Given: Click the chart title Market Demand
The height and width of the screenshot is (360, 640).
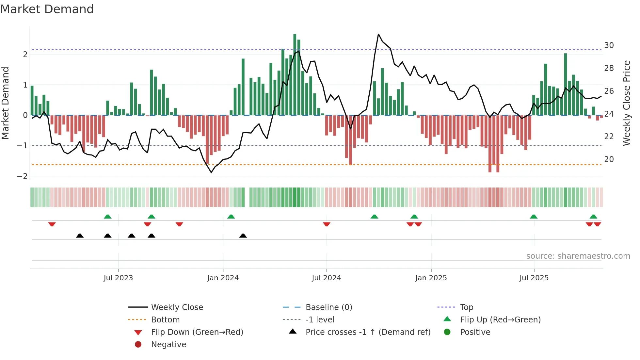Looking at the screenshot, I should (47, 9).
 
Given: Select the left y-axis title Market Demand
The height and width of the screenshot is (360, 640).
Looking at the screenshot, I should (5, 103).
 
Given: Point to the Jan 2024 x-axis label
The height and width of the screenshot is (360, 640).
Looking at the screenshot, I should (223, 278).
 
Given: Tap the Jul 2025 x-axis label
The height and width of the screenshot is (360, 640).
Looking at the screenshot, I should (534, 278).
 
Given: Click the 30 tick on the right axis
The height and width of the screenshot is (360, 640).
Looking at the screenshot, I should (609, 45).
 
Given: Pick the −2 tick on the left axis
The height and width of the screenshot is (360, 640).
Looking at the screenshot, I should (22, 176).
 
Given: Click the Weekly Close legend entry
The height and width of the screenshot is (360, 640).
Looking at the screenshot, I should (177, 307).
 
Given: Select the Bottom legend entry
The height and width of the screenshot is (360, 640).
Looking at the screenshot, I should (165, 320).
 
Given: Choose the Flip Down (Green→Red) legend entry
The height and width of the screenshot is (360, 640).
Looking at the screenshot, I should (197, 332).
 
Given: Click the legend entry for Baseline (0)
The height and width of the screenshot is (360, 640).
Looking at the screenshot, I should (328, 307).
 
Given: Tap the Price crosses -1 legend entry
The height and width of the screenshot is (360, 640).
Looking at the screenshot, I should (368, 332).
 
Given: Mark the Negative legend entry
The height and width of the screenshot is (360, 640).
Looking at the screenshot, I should (168, 345).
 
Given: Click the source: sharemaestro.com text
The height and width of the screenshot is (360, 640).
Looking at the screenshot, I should (578, 256).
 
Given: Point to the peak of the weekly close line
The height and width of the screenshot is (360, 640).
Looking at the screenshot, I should (378, 34).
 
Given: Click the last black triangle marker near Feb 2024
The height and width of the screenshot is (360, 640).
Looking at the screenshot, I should (243, 236).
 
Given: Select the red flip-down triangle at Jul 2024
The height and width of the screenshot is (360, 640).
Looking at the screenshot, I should (327, 224).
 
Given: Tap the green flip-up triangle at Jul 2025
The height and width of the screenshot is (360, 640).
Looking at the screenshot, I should (534, 217).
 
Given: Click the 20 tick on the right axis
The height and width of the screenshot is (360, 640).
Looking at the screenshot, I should (609, 159).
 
